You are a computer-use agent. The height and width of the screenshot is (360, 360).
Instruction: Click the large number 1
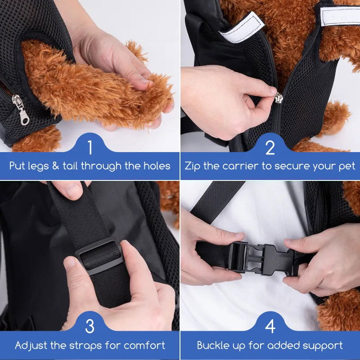(90, 147)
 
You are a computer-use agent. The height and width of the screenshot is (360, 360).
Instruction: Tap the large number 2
(270, 147)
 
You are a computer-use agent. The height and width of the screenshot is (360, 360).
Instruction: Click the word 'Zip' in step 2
(193, 166)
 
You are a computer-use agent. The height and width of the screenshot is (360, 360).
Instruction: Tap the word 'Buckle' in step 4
(213, 345)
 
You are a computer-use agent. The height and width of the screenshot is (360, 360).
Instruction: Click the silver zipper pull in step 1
(21, 109)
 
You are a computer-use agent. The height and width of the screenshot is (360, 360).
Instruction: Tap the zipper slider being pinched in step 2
(279, 98)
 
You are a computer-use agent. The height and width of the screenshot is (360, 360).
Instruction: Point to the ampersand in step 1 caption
(55, 166)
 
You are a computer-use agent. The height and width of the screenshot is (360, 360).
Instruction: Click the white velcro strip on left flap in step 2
(242, 27)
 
